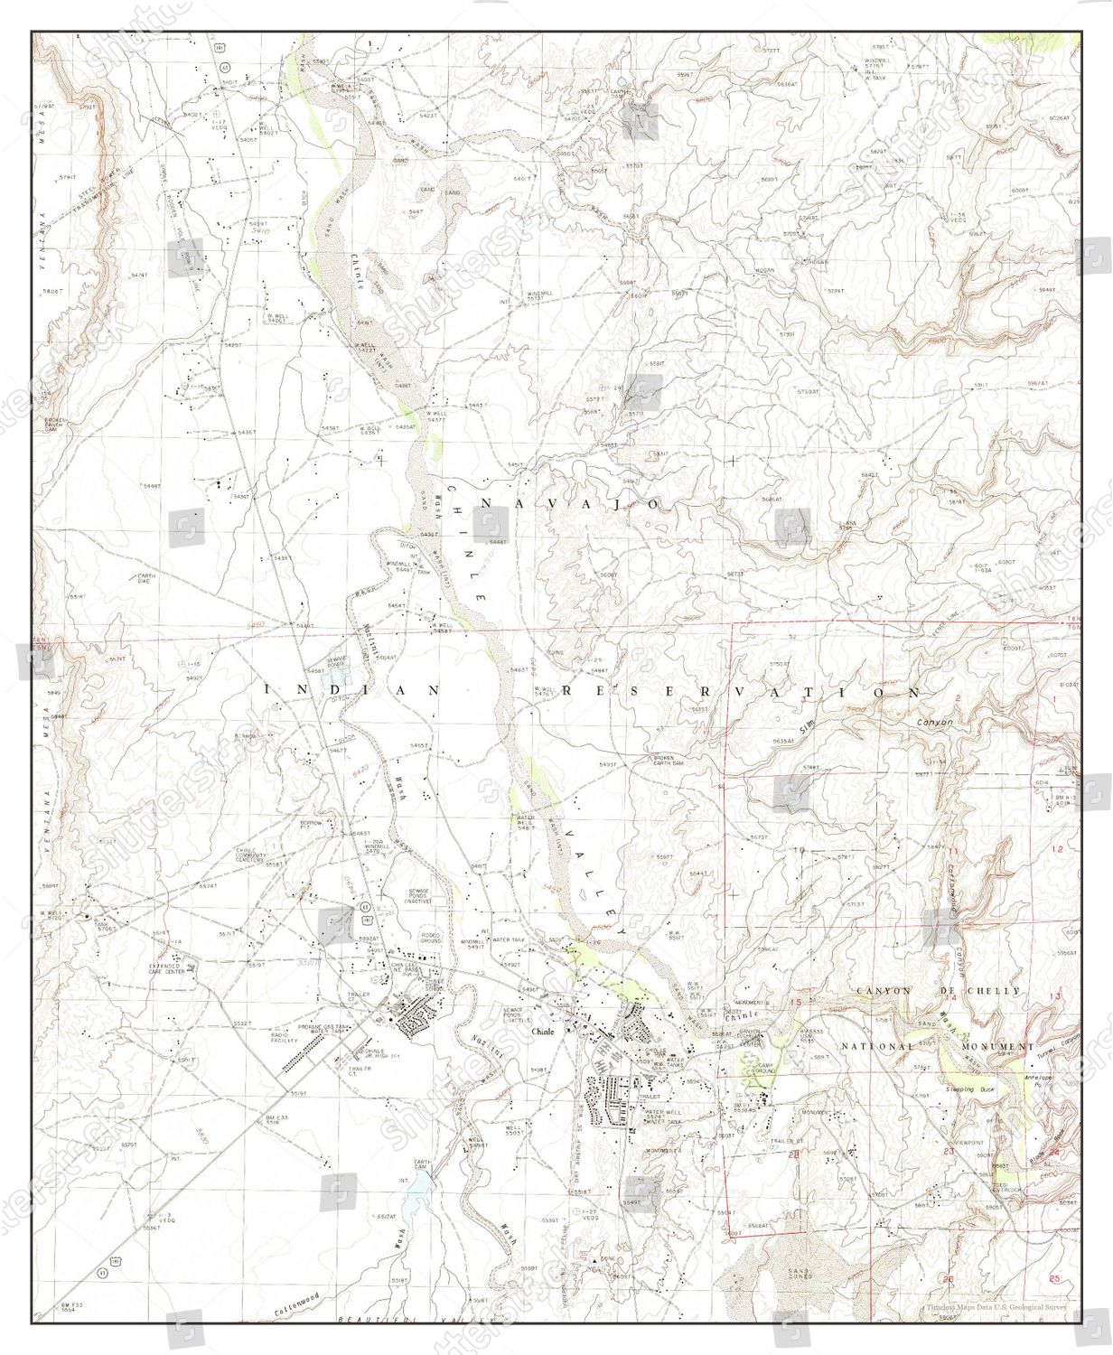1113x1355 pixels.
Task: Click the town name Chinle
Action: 544,1032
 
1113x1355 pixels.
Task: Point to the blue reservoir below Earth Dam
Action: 415,1202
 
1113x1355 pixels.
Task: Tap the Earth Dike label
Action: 146,577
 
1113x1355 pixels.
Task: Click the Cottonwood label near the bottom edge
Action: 306,1302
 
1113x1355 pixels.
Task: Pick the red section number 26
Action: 947,1279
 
